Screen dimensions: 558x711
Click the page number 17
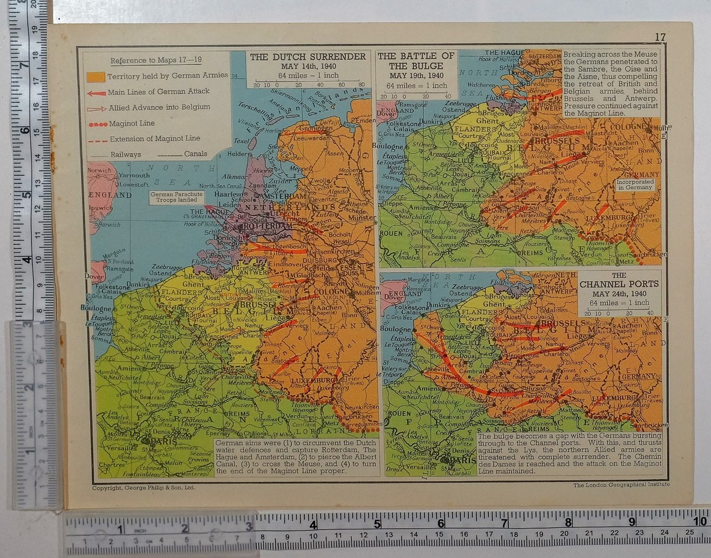pos(660,37)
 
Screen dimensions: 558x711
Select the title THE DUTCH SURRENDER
pos(308,57)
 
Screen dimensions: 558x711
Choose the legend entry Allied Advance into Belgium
pos(159,107)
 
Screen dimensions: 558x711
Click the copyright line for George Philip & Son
pos(144,487)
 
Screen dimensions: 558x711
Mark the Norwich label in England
pos(99,170)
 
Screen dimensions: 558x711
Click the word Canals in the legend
pos(196,154)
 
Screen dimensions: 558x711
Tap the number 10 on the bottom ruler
pos(700,522)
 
